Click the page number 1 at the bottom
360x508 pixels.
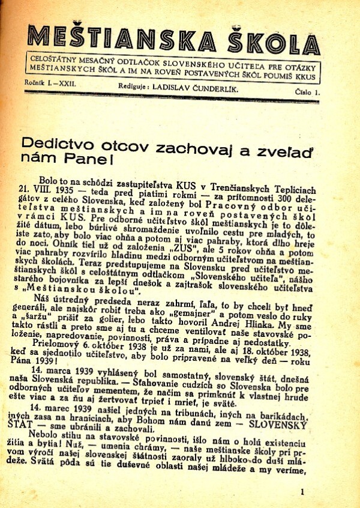click(302, 491)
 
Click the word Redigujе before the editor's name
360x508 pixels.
click(131, 86)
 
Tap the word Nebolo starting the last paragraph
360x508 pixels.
click(53, 438)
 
